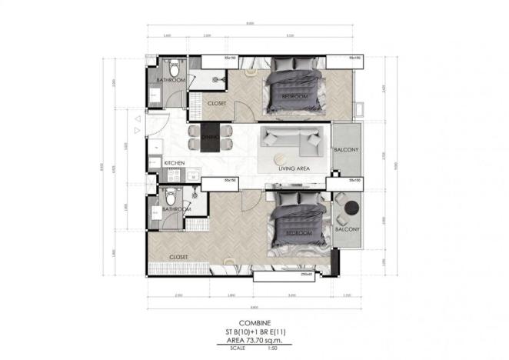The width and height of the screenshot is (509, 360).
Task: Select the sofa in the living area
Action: [291, 138]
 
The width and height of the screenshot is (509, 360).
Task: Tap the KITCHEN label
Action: [175, 163]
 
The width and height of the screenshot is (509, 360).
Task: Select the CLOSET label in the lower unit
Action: [178, 257]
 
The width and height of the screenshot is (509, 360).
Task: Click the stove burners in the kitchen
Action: [174, 175]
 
